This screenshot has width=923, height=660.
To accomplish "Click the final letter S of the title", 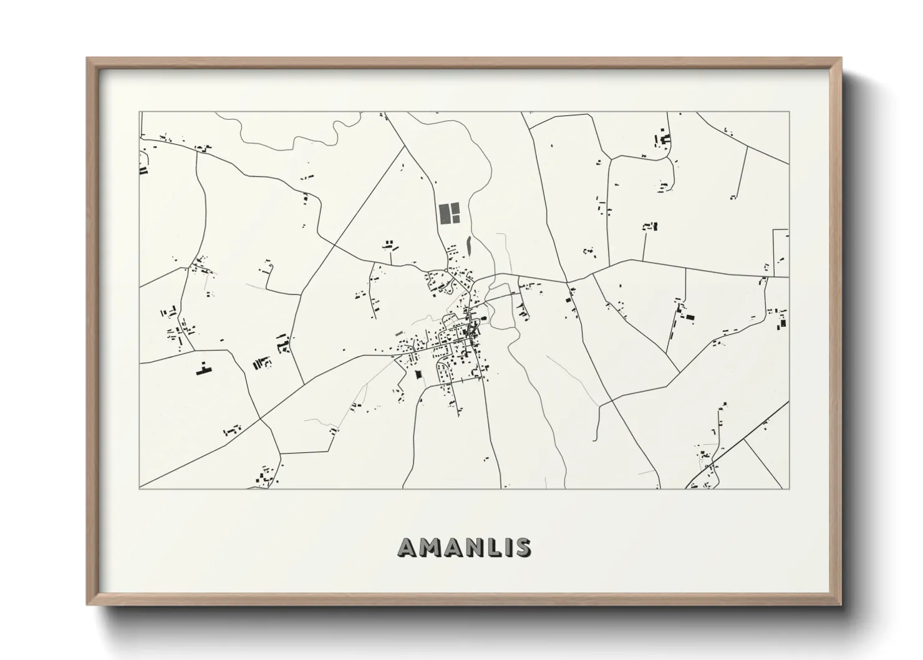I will pyautogui.click(x=521, y=547).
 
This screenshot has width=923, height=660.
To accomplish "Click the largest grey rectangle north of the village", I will pyautogui.click(x=445, y=213).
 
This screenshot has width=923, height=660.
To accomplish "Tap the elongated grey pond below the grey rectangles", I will pyautogui.click(x=468, y=245).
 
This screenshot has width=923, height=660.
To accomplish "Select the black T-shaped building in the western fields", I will pyautogui.click(x=202, y=369).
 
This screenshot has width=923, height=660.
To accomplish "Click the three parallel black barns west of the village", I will pyautogui.click(x=258, y=363).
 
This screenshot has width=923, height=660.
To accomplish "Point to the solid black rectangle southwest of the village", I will pyautogui.click(x=418, y=374).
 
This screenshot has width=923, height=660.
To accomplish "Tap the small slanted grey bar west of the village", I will pyautogui.click(x=399, y=333).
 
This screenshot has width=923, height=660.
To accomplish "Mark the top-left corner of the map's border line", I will pyautogui.click(x=140, y=112).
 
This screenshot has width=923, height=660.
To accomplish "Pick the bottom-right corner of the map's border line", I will pyautogui.click(x=789, y=488).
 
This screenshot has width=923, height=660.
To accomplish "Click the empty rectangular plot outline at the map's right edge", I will pyautogui.click(x=781, y=253).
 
